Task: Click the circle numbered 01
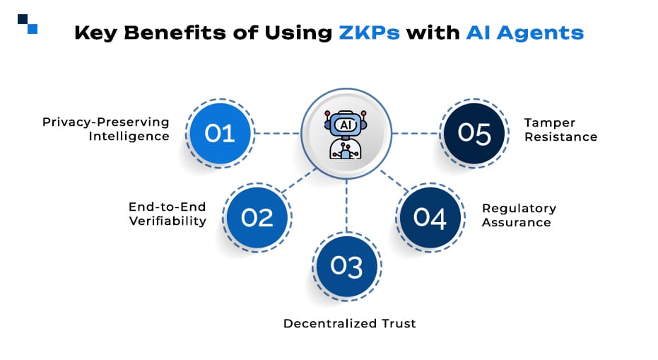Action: pyautogui.click(x=219, y=133)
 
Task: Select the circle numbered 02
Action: pyautogui.click(x=257, y=217)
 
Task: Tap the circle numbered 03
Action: pyautogui.click(x=346, y=266)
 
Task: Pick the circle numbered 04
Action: pyautogui.click(x=430, y=217)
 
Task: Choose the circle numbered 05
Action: pyautogui.click(x=474, y=133)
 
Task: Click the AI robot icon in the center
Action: pyautogui.click(x=346, y=134)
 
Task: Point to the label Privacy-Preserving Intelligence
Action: pyautogui.click(x=106, y=129)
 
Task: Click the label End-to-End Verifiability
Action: pyautogui.click(x=168, y=214)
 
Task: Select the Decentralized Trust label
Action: pyautogui.click(x=350, y=323)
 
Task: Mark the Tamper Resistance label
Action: pyautogui.click(x=560, y=129)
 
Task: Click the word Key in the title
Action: pyautogui.click(x=97, y=33)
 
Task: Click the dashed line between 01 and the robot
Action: pyautogui.click(x=276, y=133)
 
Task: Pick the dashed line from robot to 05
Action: pyautogui.click(x=416, y=133)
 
